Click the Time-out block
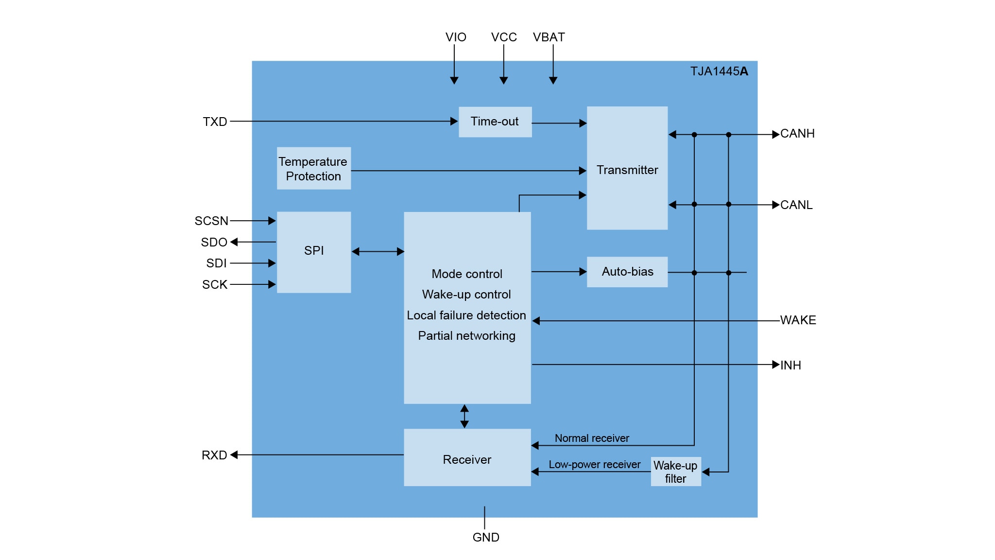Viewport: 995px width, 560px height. [x=495, y=122]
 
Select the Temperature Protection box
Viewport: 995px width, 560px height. [x=313, y=168]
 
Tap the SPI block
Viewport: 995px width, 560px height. [x=313, y=251]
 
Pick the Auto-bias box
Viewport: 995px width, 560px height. [x=627, y=272]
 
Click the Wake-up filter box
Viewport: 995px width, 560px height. [x=675, y=472]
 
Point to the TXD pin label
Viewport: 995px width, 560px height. [x=215, y=122]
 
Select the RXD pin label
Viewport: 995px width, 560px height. [x=214, y=455]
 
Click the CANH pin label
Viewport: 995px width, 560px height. [x=797, y=134]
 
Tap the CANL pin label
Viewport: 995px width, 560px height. [x=796, y=205]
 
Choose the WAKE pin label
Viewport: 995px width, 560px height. [x=798, y=320]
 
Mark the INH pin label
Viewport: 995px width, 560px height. [x=790, y=365]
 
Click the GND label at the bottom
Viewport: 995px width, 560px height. [x=486, y=537]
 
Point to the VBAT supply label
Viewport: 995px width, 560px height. [x=549, y=37]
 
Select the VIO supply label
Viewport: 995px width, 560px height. [x=456, y=37]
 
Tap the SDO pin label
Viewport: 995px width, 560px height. [x=214, y=242]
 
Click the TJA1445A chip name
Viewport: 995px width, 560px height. [x=719, y=71]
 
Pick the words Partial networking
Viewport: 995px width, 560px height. [x=466, y=336]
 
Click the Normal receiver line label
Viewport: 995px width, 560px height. [x=592, y=438]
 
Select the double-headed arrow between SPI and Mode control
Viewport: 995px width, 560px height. [x=377, y=251]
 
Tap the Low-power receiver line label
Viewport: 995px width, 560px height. [x=594, y=465]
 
